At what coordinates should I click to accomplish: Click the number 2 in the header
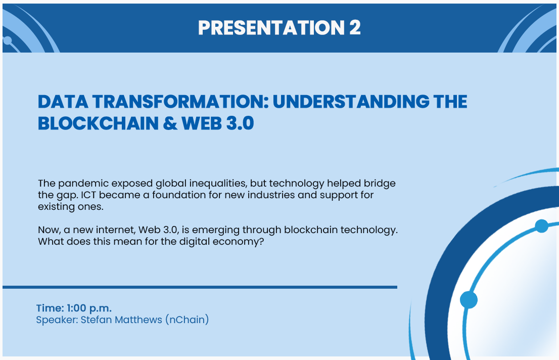355,27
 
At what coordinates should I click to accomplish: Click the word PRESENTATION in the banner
271,27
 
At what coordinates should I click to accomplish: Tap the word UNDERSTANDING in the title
351,102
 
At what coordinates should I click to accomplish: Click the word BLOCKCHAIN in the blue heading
98,123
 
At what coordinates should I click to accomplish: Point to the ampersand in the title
170,123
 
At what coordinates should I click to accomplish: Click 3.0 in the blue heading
240,123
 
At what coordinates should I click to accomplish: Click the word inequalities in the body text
218,184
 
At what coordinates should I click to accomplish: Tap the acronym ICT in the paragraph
88,195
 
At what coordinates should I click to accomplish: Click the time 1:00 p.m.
89,308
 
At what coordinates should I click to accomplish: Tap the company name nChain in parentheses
187,320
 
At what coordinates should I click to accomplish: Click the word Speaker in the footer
56,320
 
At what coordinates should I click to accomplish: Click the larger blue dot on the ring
469,299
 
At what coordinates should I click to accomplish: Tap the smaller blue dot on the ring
541,226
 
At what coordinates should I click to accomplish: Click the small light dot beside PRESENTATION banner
7,40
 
